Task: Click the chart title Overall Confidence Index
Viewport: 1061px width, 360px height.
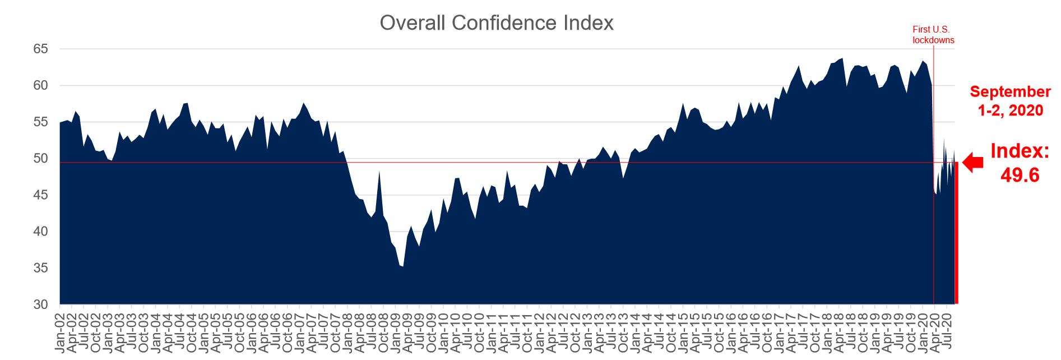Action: [x=497, y=23]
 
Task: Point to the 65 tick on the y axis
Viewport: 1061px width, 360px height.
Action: [x=40, y=49]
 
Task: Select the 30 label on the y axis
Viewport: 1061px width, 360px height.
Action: [x=40, y=304]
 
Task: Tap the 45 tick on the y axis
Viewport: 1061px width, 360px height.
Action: [x=40, y=195]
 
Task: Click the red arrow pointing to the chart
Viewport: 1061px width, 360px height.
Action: [x=973, y=163]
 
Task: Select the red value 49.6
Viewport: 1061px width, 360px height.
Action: [x=1020, y=175]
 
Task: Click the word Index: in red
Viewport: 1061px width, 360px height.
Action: [x=1020, y=151]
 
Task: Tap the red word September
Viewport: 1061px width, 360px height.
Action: [x=1010, y=92]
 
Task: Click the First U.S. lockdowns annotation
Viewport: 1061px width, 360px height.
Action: [x=933, y=35]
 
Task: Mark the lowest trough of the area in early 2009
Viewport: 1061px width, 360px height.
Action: [x=402, y=266]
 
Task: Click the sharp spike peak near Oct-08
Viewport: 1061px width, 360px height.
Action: [x=379, y=171]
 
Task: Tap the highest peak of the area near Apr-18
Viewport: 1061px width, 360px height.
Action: [x=842, y=58]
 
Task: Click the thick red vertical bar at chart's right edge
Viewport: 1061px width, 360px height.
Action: [x=956, y=233]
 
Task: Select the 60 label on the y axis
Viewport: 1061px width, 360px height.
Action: [x=40, y=86]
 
